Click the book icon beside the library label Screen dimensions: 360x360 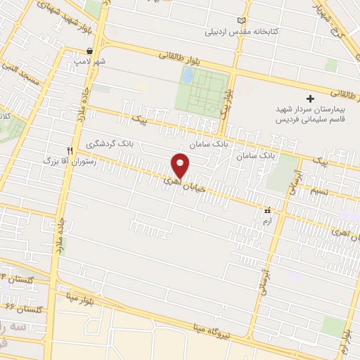[243, 21]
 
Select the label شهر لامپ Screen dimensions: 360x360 [90, 61]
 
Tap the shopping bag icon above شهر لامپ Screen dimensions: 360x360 [90, 51]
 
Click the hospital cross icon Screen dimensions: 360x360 [310, 98]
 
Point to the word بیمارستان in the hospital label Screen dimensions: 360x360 [329, 110]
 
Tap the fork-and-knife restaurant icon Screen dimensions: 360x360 [69, 150]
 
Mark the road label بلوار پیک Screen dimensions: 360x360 [224, 102]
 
